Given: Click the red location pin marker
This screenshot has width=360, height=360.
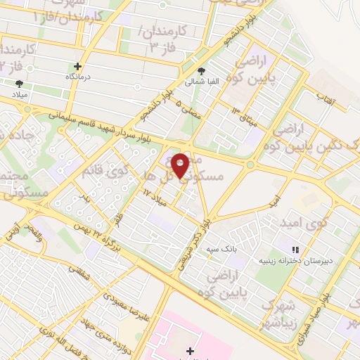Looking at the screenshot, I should [180, 166].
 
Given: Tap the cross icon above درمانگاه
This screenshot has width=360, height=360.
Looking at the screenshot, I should [88, 66].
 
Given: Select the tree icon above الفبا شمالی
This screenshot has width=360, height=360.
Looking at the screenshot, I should [202, 72].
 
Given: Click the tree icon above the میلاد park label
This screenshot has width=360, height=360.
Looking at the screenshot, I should [19, 84].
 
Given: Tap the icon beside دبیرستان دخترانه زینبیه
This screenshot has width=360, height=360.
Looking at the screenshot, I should [295, 249].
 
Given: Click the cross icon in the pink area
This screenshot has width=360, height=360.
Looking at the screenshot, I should [189, 351].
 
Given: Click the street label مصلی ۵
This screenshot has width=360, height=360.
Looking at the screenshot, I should [185, 109].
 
